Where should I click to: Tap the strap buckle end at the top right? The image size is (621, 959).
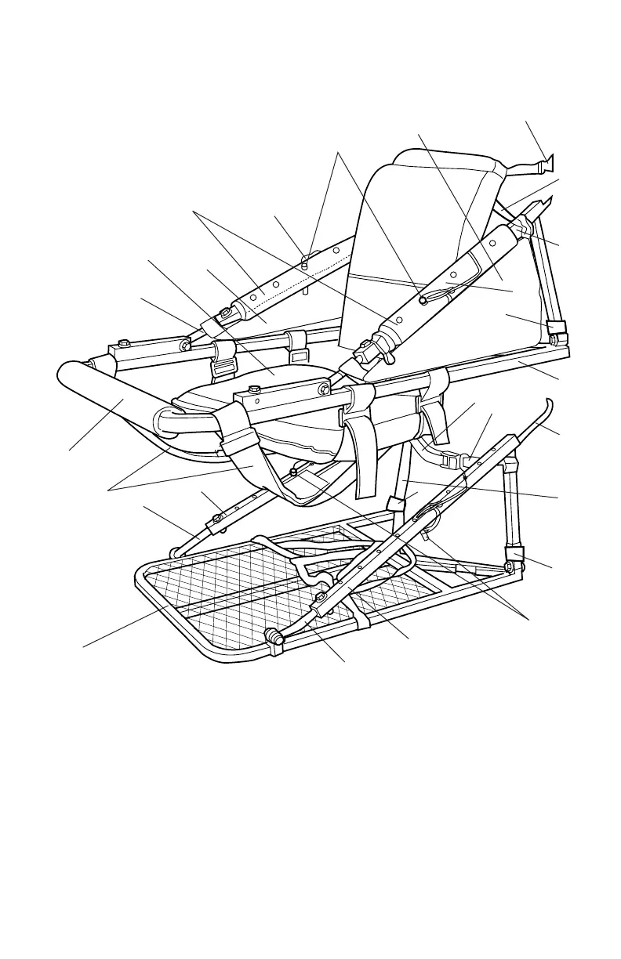click(x=546, y=165)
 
